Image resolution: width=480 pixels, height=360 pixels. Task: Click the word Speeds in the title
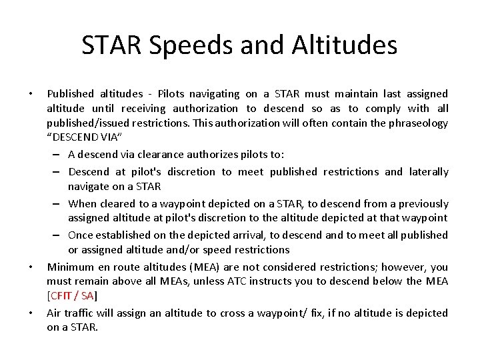[177, 45]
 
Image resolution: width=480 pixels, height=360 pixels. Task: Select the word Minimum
[69, 267]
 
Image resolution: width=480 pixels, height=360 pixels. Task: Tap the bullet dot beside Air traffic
[31, 313]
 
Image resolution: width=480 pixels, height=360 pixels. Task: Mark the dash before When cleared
[59, 204]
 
